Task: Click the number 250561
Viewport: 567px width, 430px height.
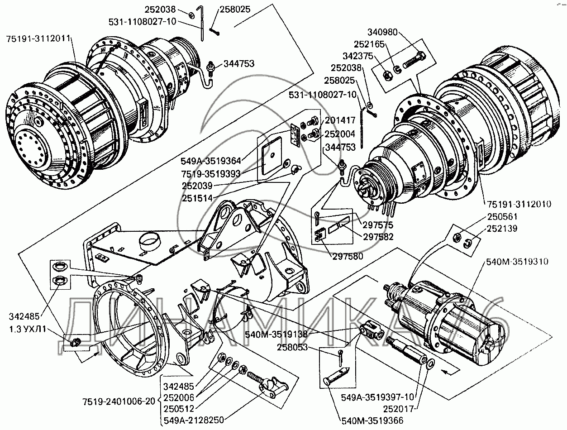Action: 502,216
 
